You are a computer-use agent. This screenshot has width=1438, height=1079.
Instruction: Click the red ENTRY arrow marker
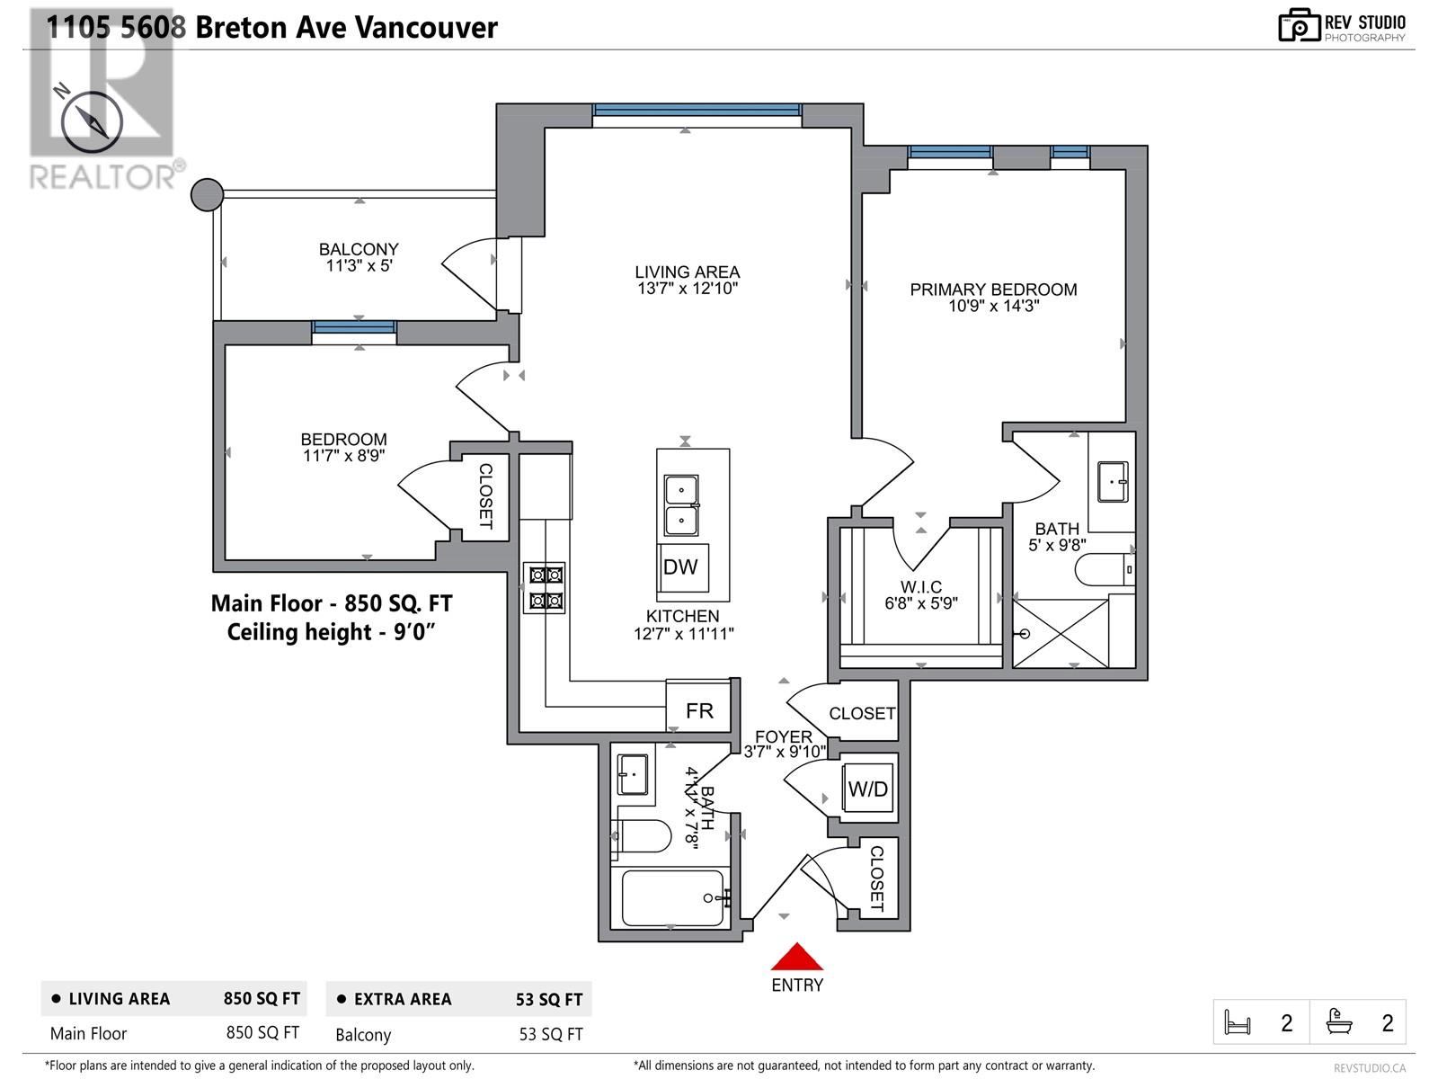pyautogui.click(x=796, y=957)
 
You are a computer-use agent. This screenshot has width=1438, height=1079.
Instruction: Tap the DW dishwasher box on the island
pyautogui.click(x=680, y=566)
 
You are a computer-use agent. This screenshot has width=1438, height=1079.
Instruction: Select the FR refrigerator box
pyautogui.click(x=699, y=710)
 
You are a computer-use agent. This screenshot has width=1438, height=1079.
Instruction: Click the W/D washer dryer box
pyautogui.click(x=868, y=789)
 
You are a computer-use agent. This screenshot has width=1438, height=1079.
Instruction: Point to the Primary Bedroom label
pyautogui.click(x=993, y=290)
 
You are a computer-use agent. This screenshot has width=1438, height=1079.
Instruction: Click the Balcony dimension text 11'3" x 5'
pyautogui.click(x=359, y=265)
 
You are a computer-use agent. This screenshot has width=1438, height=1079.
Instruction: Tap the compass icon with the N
pyautogui.click(x=91, y=122)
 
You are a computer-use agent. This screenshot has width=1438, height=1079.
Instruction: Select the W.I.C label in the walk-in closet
pyautogui.click(x=921, y=587)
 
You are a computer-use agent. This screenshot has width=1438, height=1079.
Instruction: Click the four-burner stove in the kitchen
pyautogui.click(x=545, y=587)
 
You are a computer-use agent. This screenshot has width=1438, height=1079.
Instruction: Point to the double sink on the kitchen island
pyautogui.click(x=681, y=505)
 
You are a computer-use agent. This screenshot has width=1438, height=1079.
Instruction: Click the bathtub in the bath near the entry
pyautogui.click(x=672, y=897)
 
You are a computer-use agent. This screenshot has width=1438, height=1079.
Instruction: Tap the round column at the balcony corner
pyautogui.click(x=208, y=194)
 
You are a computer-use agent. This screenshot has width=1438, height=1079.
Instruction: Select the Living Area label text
pyautogui.click(x=688, y=272)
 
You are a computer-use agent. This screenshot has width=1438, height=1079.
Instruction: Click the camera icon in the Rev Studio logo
pyautogui.click(x=1299, y=25)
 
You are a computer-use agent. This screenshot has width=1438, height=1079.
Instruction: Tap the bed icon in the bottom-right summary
pyautogui.click(x=1238, y=1022)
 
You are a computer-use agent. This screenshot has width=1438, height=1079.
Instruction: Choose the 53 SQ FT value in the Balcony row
pyautogui.click(x=551, y=1034)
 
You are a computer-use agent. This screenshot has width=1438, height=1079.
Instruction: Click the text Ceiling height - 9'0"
pyautogui.click(x=331, y=632)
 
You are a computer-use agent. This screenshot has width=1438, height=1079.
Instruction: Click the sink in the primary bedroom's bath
pyautogui.click(x=1113, y=482)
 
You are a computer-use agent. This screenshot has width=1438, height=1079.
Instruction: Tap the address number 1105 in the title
pyautogui.click(x=77, y=27)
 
